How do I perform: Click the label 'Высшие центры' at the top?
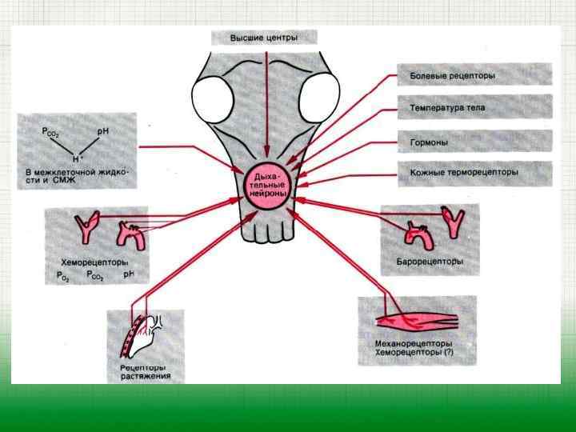[x=264, y=38]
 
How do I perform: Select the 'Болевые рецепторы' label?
[x=452, y=77]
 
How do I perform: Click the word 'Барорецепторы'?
[x=430, y=262]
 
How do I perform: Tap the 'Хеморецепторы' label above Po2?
[x=95, y=262]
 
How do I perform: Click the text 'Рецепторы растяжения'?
[x=140, y=371]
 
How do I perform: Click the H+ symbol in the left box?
[x=77, y=159]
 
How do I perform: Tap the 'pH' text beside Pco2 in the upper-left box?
[x=102, y=130]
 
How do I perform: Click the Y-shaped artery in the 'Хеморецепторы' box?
[x=84, y=226]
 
